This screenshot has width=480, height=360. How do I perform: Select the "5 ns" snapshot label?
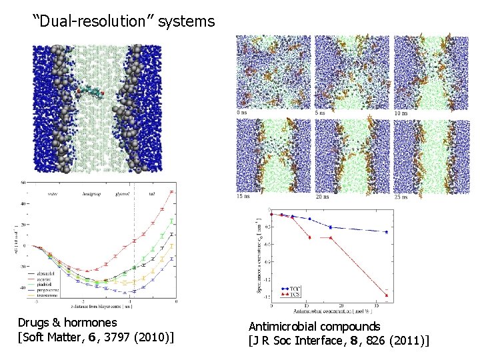point(321,113)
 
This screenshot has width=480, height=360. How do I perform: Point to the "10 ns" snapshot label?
point(401,113)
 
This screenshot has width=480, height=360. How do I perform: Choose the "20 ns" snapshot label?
point(323,197)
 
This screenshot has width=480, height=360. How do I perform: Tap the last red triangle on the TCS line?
point(387,295)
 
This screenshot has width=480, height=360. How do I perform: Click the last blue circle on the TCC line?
point(387,232)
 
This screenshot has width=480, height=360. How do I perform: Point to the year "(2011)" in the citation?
point(407,341)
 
